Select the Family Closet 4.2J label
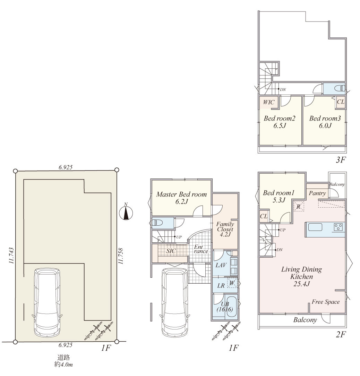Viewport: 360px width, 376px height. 225,229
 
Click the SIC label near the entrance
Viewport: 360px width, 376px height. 171,251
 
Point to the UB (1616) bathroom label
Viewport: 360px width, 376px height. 225,307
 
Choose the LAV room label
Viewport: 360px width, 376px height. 221,265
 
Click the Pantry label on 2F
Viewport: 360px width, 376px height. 317,193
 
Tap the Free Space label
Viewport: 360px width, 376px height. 326,302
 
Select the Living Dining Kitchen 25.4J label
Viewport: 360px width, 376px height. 301,276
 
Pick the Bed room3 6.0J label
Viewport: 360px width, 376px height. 325,122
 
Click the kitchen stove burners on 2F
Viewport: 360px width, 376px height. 338,227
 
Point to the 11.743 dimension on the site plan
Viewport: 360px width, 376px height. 11,256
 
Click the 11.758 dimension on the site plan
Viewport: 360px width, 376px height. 121,256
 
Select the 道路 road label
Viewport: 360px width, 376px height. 63,358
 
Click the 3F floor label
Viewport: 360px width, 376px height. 340,160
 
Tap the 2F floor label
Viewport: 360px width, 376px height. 340,334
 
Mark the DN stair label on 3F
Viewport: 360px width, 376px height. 283,90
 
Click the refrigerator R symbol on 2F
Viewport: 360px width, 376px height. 299,207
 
